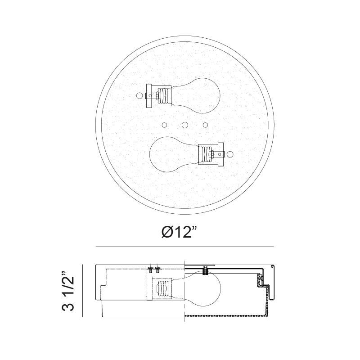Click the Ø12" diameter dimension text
pos(180,232)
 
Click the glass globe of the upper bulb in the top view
pos(198,94)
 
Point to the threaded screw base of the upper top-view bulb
pos(165,95)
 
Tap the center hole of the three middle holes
pos(184,125)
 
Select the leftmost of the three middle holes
pos(164,125)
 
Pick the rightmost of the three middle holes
pos(206,125)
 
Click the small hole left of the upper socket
pos(139,95)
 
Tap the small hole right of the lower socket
pos(230,154)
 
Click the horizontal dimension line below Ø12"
pos(184,247)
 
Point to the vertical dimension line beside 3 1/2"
pos(83,290)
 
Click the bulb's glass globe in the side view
pos(202,288)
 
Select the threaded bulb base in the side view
pos(164,288)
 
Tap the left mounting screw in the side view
pos(150,270)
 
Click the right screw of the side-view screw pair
pos(157,270)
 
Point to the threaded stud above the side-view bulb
pos(205,270)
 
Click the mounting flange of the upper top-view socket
pos(150,95)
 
